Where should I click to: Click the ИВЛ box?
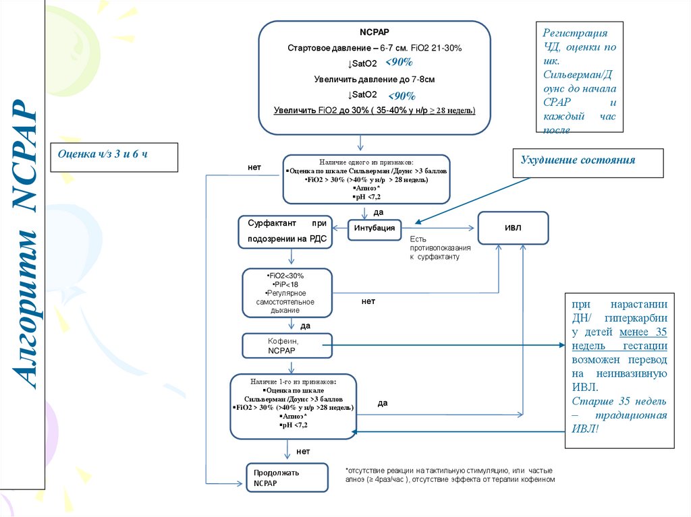pyautogui.click(x=513, y=228)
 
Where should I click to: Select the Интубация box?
pyautogui.click(x=375, y=229)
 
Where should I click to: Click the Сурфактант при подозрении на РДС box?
pyautogui.click(x=285, y=231)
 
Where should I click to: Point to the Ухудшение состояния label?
pyautogui.click(x=578, y=160)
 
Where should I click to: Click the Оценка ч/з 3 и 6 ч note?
pyautogui.click(x=111, y=155)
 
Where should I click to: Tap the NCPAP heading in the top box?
pyautogui.click(x=374, y=32)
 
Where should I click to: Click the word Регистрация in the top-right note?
pyautogui.click(x=576, y=33)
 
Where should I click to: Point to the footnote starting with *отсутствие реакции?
pyautogui.click(x=449, y=475)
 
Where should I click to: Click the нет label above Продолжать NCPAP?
pyautogui.click(x=304, y=451)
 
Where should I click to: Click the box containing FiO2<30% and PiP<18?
pyautogui.click(x=287, y=293)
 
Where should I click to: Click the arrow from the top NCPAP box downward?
pyautogui.click(x=361, y=142)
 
